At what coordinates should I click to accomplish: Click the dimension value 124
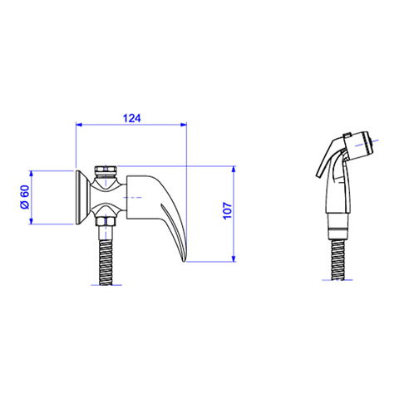(132, 118)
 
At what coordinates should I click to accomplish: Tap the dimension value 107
(228, 211)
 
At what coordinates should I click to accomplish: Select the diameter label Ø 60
(25, 197)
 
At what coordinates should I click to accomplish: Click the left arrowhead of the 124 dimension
(79, 125)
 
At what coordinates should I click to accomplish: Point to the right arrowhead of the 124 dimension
(184, 125)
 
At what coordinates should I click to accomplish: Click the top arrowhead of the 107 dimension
(234, 170)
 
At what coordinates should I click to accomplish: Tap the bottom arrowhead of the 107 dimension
(234, 259)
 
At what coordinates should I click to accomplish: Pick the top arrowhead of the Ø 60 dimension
(31, 174)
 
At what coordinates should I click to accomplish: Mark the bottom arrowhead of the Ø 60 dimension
(31, 221)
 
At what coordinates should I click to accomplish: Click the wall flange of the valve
(82, 197)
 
